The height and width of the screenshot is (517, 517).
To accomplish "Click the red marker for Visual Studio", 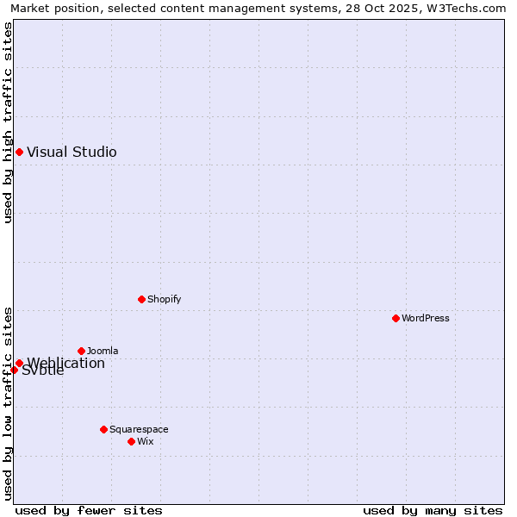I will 19,153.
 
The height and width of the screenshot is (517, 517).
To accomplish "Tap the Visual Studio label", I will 72,153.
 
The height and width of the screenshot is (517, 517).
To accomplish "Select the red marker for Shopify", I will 141,300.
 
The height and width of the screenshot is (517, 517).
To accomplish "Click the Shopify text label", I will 164,300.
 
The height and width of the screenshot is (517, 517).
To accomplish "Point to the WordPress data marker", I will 396,319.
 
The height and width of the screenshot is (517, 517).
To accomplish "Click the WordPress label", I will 426,319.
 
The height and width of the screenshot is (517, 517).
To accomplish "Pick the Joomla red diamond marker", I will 81,352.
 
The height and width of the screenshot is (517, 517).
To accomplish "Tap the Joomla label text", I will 103,352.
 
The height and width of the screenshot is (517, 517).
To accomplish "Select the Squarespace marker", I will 103,429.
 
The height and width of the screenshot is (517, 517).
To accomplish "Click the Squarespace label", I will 139,430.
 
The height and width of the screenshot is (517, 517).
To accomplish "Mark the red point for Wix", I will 131,442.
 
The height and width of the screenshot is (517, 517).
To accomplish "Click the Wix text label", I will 146,442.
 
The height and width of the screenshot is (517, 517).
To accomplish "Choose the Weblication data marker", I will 19,364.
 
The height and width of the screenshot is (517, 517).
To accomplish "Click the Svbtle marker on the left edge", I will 14,371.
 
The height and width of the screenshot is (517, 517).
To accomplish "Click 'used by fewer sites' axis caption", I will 89,510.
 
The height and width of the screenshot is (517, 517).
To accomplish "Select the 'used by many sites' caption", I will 433,510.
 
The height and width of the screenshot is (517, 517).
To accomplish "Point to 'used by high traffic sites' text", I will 9,122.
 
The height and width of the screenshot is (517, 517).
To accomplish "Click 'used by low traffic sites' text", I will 9,402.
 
